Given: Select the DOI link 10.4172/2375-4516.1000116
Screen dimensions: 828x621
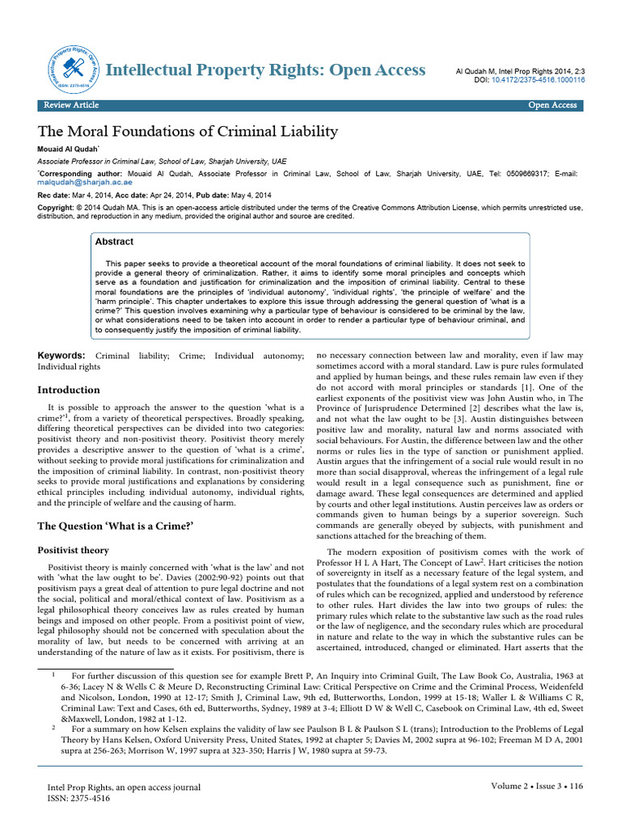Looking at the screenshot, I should click(x=538, y=80).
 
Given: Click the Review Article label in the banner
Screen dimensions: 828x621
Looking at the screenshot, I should click(x=71, y=105).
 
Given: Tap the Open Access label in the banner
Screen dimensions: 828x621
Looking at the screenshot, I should click(x=552, y=105).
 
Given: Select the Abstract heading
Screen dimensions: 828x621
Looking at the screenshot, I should click(x=114, y=242).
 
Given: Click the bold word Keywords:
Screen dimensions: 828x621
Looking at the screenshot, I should click(x=62, y=356).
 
